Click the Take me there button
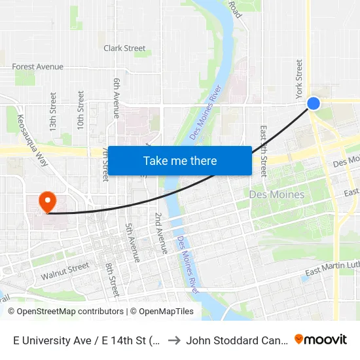(x=180, y=160)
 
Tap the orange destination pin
(x=48, y=201)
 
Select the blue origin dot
(x=314, y=103)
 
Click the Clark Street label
(x=124, y=48)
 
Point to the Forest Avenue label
(x=38, y=67)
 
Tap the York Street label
(x=300, y=79)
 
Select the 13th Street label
(x=52, y=110)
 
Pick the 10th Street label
(x=80, y=110)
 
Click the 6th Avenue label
(x=117, y=98)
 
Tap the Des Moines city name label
(x=277, y=194)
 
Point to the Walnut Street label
(x=65, y=271)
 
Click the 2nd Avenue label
(x=160, y=232)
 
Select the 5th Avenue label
(x=132, y=242)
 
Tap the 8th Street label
(x=112, y=278)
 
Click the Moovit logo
(x=321, y=339)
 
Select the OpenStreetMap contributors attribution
(x=67, y=312)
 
